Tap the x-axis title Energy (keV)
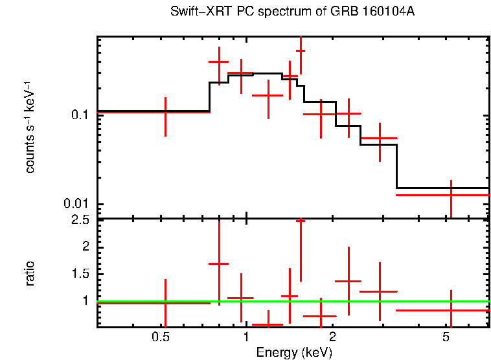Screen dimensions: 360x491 coord(294,352)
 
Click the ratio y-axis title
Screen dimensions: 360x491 coord(30,273)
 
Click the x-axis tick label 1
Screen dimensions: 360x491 coord(246,337)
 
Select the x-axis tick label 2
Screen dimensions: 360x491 coord(332,337)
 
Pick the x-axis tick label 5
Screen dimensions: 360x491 coord(446,337)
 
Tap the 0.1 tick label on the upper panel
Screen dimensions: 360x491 coord(80,115)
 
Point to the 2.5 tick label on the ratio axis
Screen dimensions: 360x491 coord(80,221)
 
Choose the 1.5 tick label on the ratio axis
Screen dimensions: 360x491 coord(80,274)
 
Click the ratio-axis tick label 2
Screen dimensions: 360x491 coord(84,247)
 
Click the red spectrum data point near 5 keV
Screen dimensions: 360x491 coord(451,194)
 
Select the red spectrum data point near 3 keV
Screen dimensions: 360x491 coord(380,139)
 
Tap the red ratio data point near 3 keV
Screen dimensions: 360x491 coord(380,292)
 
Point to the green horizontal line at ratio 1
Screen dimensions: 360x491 coord(291,301)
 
